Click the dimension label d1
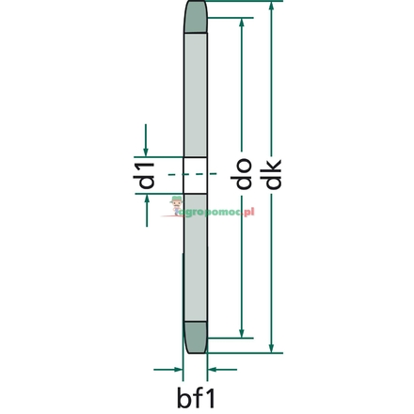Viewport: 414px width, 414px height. coord(144,176)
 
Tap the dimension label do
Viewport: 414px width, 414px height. coord(241,173)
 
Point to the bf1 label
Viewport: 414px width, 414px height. coord(196,397)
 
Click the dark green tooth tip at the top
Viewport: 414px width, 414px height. coord(195,16)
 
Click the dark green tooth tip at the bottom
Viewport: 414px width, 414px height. coord(196,338)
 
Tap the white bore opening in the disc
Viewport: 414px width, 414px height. coord(195,175)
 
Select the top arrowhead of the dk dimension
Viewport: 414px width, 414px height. coord(272,7)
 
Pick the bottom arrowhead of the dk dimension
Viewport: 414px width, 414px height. coord(272,347)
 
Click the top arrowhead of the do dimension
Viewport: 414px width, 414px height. coord(242,24)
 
